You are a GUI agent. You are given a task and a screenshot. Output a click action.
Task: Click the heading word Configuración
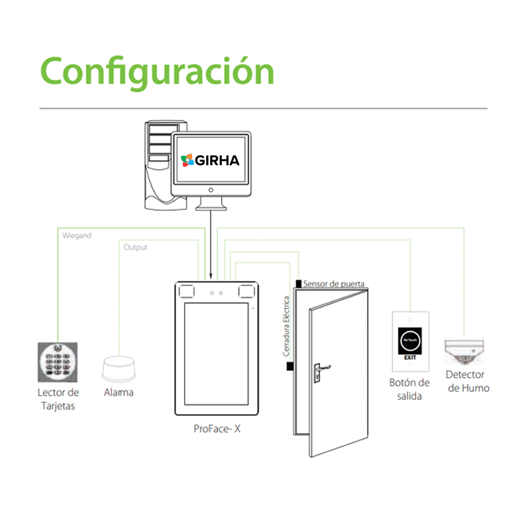[x=157, y=70]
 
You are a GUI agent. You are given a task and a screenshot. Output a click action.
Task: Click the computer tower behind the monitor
[x=156, y=166]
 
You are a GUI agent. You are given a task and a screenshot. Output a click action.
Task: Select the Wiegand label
[x=76, y=235]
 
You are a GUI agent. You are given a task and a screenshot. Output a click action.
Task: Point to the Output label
[x=135, y=247]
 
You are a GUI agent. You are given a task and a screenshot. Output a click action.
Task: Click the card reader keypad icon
[x=57, y=362]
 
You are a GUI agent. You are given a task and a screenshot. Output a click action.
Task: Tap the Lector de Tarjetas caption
[x=57, y=399]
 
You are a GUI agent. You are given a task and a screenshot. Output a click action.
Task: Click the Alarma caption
[x=119, y=392]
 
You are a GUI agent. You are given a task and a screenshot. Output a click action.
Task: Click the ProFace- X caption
[x=217, y=429]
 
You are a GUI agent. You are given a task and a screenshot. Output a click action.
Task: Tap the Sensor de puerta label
[x=333, y=284]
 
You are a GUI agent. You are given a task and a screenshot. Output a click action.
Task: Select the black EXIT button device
[x=410, y=344]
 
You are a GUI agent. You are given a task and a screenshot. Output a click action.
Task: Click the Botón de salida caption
[x=409, y=390]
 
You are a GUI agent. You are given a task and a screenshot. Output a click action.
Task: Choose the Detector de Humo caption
[x=468, y=381]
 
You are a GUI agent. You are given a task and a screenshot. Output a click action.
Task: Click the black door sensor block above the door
[x=299, y=284]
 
